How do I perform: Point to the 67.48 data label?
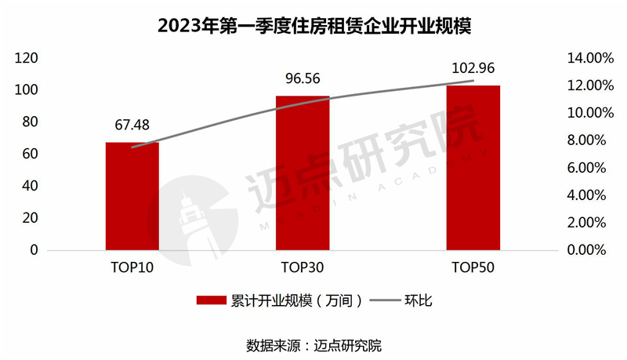pos(132,125)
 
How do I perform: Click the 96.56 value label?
pos(303,78)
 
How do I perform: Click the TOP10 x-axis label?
pos(132,269)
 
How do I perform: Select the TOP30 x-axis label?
pos(303,269)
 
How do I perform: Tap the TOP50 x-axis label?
pos(473,269)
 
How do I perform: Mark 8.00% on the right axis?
pos(585,140)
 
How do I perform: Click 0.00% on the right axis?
pos(585,250)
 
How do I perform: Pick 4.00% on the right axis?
pos(585,195)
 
